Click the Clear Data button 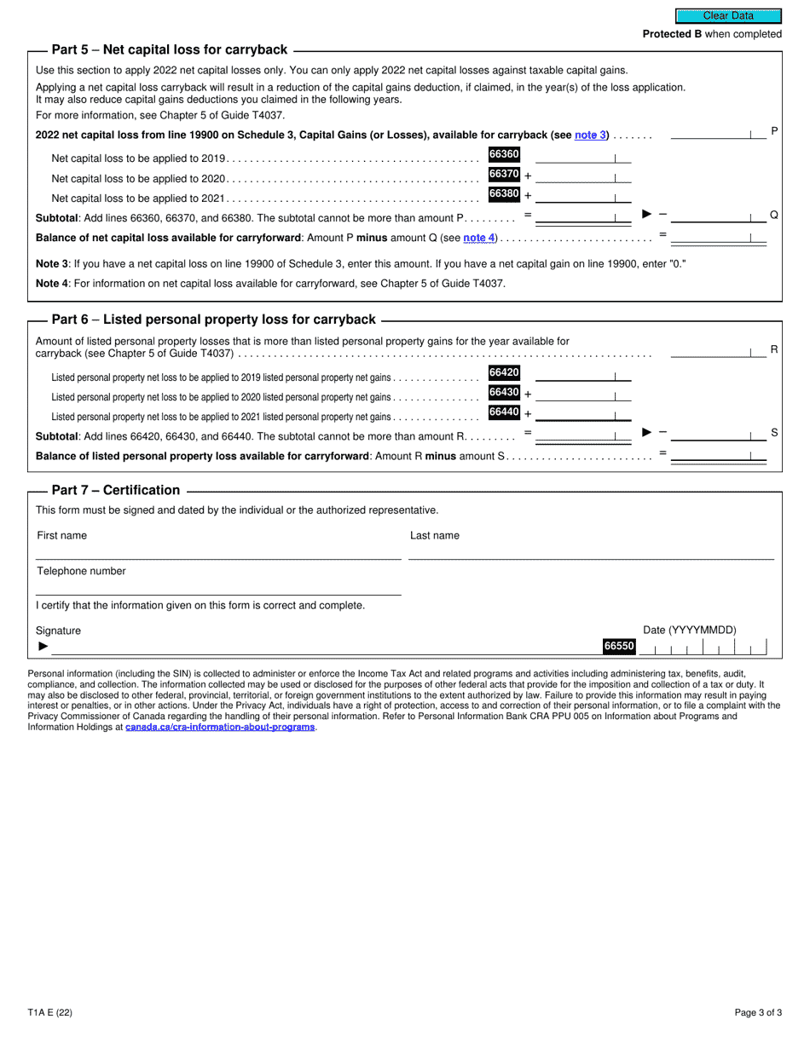(x=728, y=15)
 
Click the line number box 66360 (x=503, y=154)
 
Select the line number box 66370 (x=503, y=174)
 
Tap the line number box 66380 (x=503, y=194)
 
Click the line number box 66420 (x=503, y=372)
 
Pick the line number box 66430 (x=503, y=392)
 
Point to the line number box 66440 (x=503, y=412)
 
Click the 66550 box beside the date (x=619, y=647)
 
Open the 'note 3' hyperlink (x=590, y=135)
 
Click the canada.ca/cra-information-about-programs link (x=220, y=727)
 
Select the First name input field (x=218, y=550)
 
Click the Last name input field (x=591, y=550)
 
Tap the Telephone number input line (x=218, y=586)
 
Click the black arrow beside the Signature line (x=43, y=647)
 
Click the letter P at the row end (x=774, y=130)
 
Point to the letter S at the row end (x=774, y=433)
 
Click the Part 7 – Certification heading (x=115, y=490)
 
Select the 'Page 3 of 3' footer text (x=758, y=1013)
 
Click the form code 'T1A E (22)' (x=49, y=1013)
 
